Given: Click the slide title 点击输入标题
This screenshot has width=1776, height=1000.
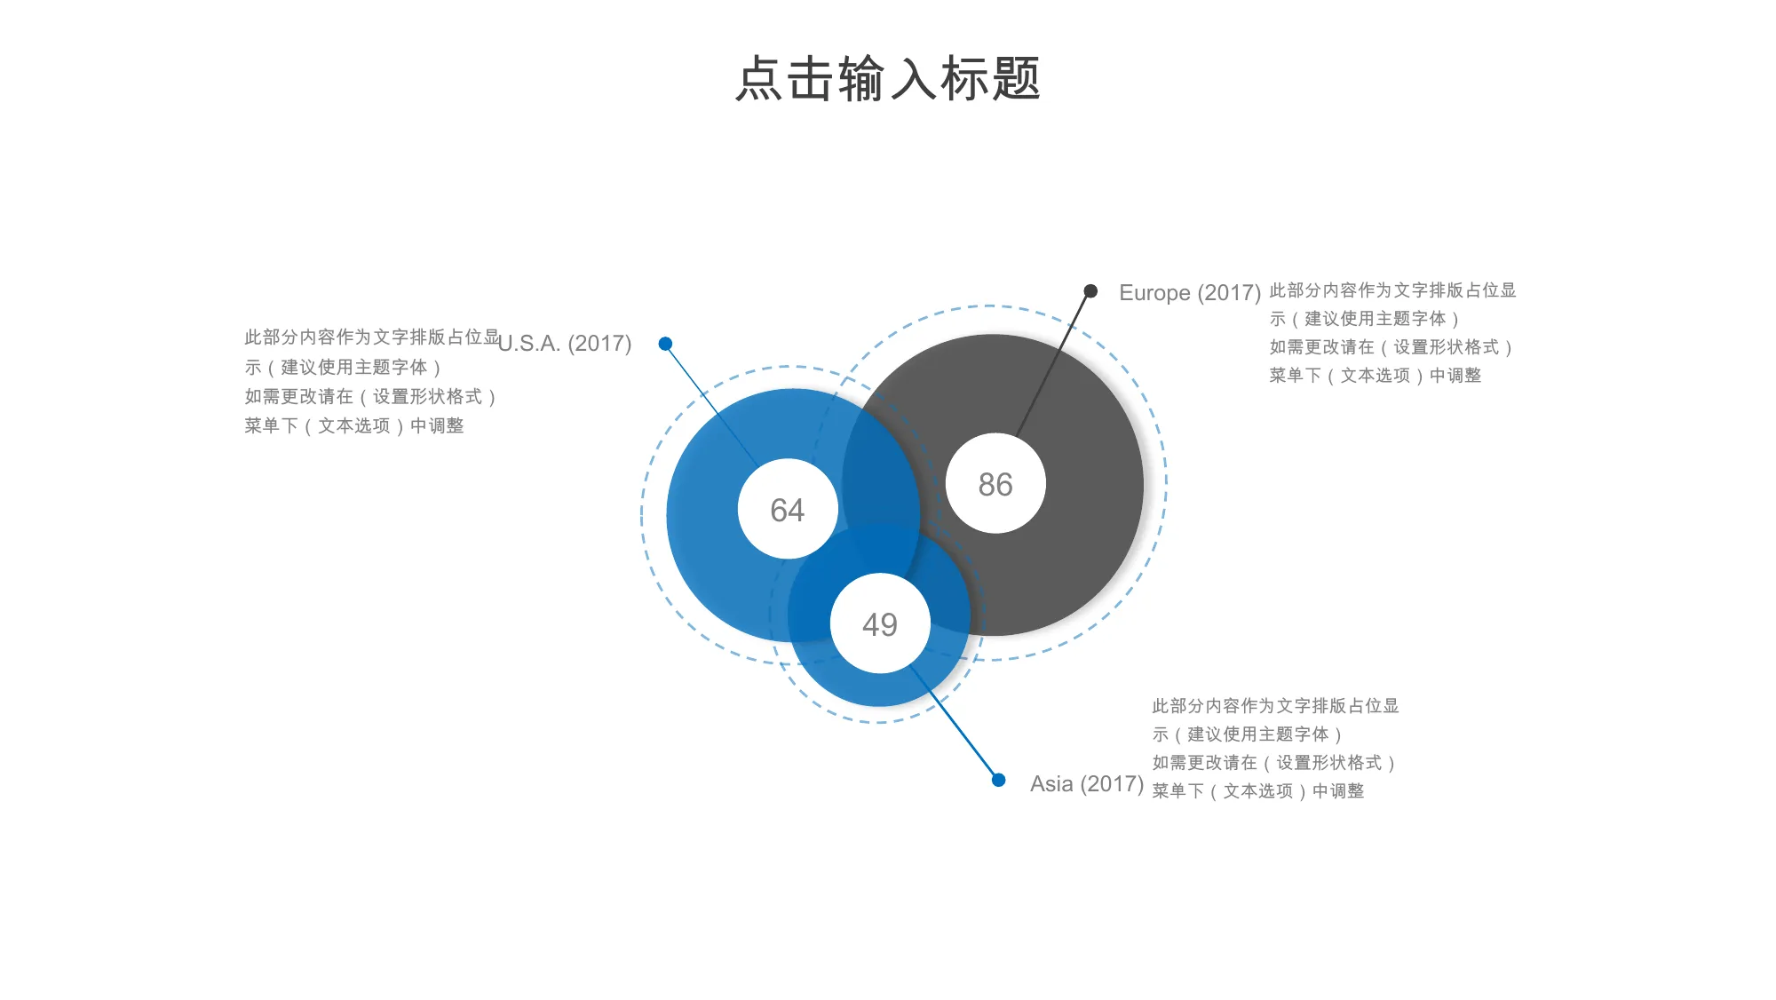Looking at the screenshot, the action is [x=887, y=78].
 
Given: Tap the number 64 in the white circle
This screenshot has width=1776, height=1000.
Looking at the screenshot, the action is [x=787, y=511].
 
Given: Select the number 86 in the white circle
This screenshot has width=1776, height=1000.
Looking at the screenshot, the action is [x=995, y=485].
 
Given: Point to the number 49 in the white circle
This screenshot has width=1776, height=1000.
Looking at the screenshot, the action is [x=880, y=625].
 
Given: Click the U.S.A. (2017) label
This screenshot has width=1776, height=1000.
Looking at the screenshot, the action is [x=566, y=344].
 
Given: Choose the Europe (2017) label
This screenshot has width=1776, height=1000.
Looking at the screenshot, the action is [x=1190, y=293].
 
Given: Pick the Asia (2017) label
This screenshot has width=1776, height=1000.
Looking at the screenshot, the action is [x=1087, y=784].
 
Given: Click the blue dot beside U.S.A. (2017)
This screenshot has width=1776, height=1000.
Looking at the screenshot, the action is [x=665, y=344].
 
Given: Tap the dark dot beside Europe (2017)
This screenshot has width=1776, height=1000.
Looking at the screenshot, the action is [x=1090, y=291].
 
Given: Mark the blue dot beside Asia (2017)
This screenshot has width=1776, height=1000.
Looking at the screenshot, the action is [x=998, y=780].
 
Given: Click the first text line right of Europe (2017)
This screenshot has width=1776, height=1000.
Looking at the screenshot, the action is [x=1392, y=290].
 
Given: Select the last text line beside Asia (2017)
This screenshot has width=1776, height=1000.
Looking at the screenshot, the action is [x=1258, y=791].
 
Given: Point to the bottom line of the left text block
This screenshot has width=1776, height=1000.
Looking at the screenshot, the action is [x=354, y=426].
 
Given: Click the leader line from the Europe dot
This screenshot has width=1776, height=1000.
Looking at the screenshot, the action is [x=1054, y=362].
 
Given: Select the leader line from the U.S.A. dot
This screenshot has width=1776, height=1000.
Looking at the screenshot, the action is [x=711, y=406].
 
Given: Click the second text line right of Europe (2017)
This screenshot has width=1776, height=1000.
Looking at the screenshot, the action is [x=1364, y=319].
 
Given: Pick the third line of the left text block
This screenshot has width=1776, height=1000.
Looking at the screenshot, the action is [x=370, y=397].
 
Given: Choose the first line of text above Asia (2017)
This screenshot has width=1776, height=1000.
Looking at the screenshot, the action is [x=1275, y=706].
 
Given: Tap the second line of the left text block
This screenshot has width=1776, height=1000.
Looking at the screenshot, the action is [x=343, y=368].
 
